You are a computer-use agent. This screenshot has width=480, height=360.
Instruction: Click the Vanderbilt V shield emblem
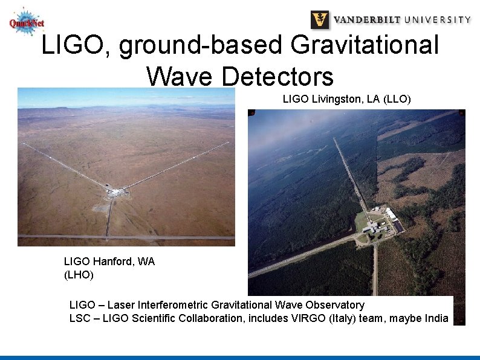[320, 19]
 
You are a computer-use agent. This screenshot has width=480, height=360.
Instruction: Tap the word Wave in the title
[179, 77]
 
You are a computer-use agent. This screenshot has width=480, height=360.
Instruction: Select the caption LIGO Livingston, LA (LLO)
[346, 99]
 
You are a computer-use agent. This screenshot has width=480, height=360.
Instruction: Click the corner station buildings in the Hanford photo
[115, 191]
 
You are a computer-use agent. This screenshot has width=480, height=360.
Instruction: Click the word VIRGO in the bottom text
[309, 318]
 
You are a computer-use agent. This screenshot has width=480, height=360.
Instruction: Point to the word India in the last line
[435, 318]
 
